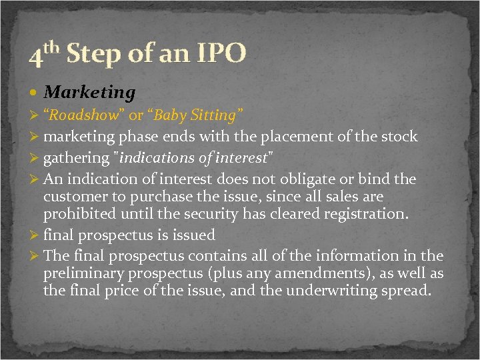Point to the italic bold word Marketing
coord(90,92)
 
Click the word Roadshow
coord(85,115)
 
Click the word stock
coord(399,137)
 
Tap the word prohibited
coord(75,215)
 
